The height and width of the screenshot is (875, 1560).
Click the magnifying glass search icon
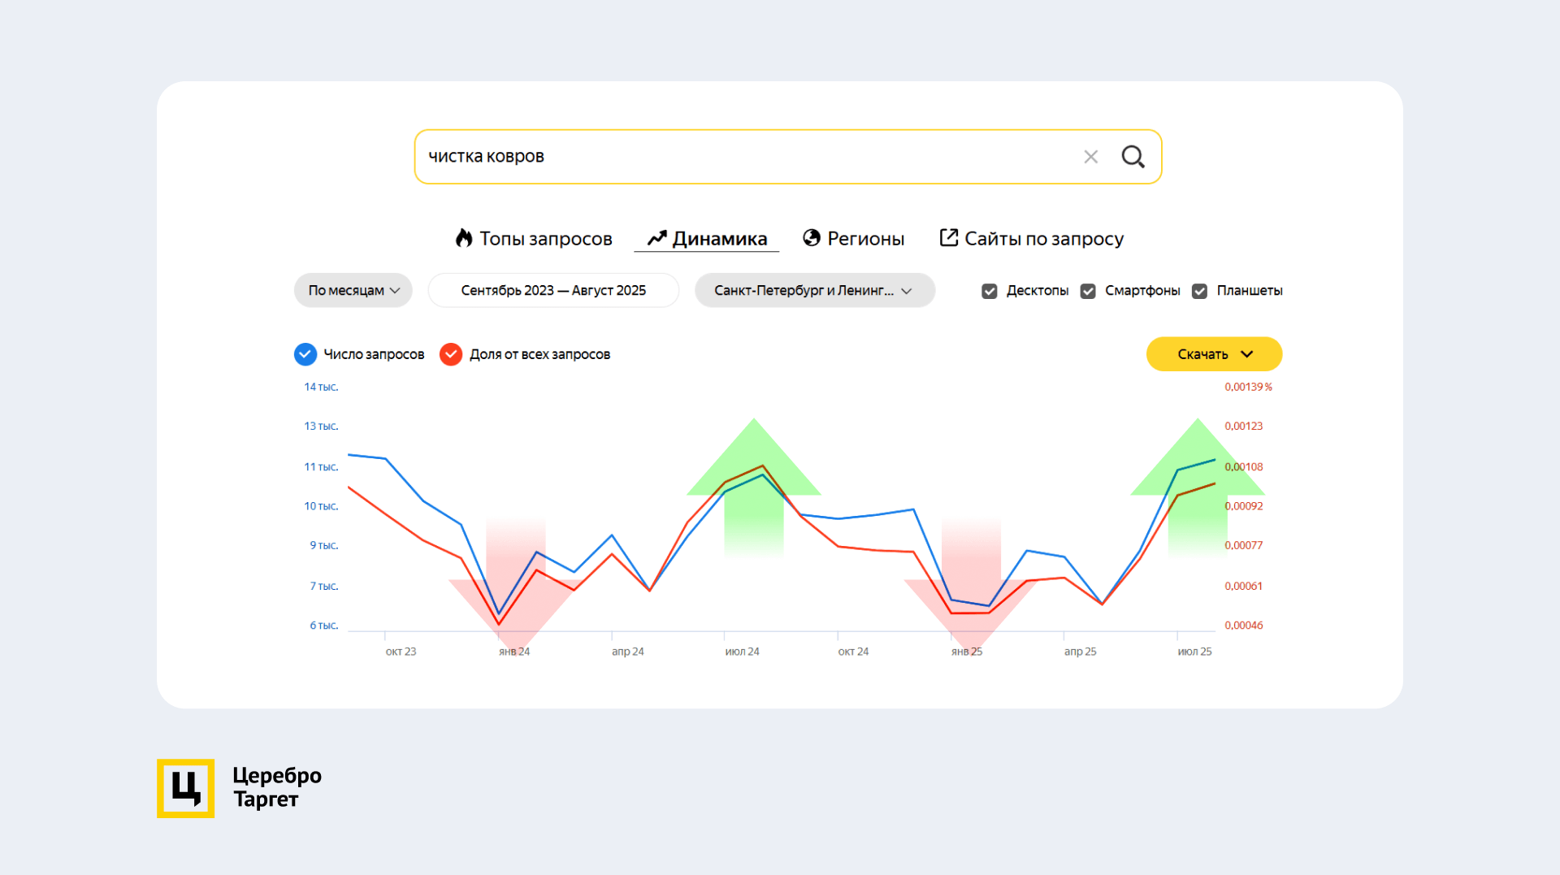coord(1133,157)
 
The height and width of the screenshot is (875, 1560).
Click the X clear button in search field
coord(1090,157)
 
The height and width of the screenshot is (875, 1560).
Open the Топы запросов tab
coord(534,239)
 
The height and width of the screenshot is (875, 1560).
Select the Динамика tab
coord(707,239)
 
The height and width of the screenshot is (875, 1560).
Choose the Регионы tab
coord(853,239)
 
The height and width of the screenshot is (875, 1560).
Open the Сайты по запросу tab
coord(1031,239)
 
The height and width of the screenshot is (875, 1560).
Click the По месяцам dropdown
coord(353,291)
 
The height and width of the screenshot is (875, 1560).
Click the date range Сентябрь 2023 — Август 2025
coord(553,291)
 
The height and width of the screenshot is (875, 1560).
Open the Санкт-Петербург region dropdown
coord(814,291)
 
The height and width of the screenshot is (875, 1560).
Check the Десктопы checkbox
coord(990,291)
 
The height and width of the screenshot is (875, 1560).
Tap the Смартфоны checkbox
coord(1088,291)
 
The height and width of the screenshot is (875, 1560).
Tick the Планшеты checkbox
coord(1199,291)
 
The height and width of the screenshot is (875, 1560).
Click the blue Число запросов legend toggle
coord(305,354)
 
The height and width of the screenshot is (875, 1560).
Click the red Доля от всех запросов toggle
coord(451,354)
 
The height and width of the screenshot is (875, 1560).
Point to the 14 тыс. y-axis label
coord(321,388)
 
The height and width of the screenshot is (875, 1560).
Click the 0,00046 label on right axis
coord(1243,626)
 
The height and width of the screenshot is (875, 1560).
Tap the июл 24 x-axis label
coord(742,652)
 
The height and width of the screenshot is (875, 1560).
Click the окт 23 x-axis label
coord(401,652)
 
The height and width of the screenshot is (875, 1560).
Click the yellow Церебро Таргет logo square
coord(186,788)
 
